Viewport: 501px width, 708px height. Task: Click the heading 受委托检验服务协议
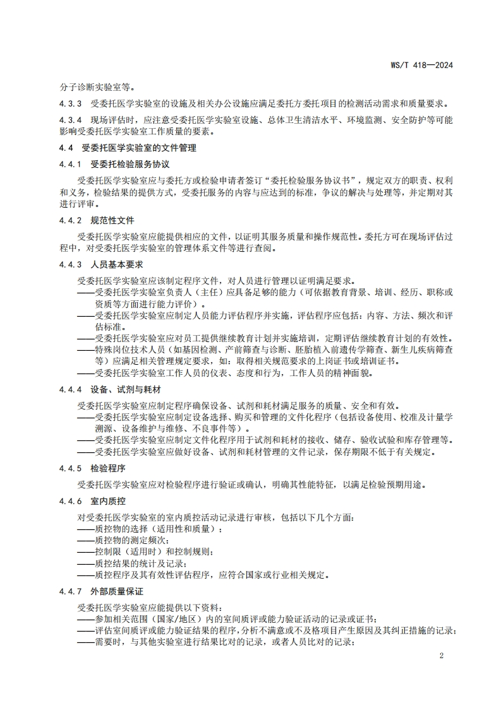click(x=130, y=164)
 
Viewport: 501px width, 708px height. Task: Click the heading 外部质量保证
click(x=117, y=591)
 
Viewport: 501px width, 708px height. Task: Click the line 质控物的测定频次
click(x=130, y=541)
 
